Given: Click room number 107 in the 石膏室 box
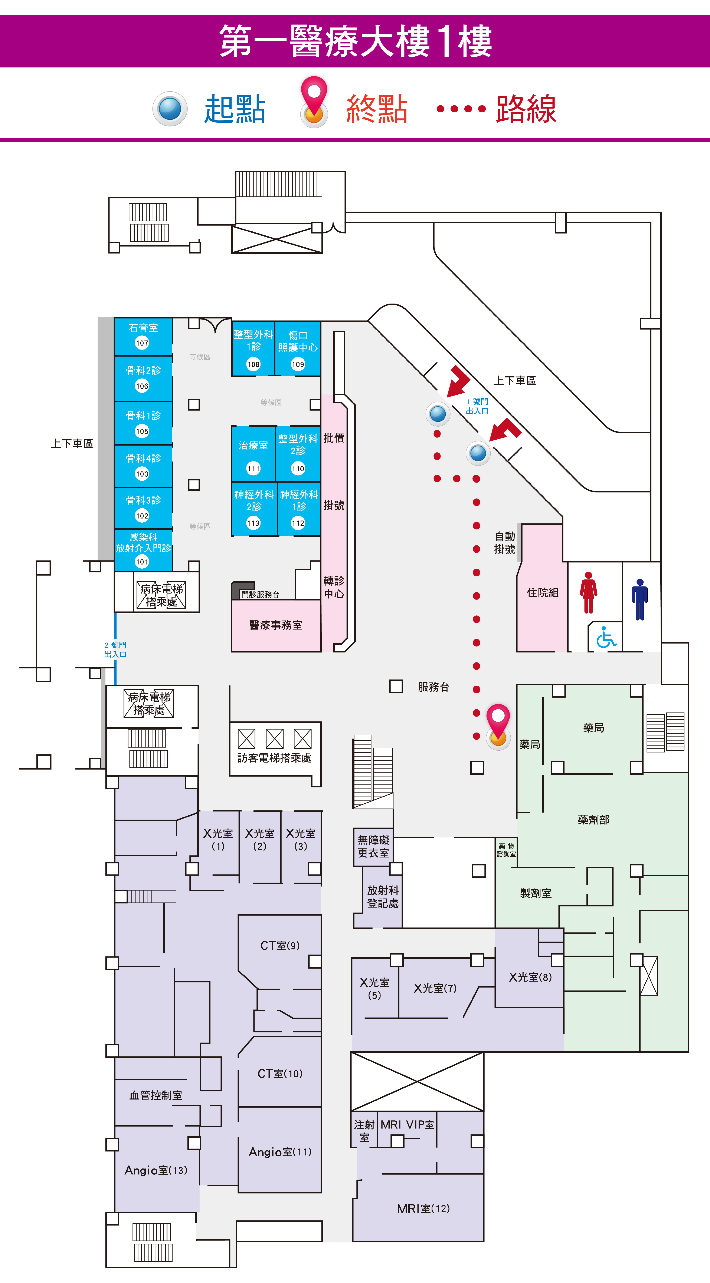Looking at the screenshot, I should point(142,343).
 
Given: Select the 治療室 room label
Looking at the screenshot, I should point(253,445).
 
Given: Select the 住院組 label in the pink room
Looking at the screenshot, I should point(543,593).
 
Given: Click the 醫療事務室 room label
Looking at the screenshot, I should point(275,625).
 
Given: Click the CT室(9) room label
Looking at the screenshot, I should point(280,945).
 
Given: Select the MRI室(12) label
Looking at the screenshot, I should point(423,1209).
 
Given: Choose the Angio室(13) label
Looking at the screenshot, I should point(156,1170).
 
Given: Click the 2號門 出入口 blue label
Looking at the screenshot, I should point(115,649).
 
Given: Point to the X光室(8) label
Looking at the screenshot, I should point(530,977).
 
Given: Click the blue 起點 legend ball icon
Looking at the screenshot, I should point(170,109).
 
